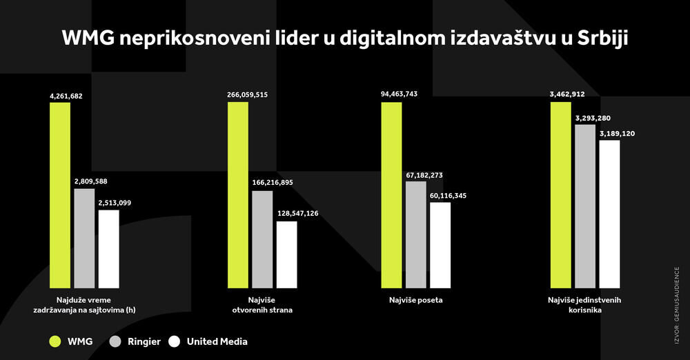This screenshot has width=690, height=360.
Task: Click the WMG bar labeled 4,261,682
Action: coord(60,195)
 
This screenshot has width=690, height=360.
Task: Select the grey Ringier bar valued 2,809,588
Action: coord(84,238)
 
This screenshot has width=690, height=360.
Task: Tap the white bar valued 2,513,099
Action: coord(108,249)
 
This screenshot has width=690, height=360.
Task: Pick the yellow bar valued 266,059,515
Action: coord(237,195)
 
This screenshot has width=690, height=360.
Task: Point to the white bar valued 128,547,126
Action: coord(287,254)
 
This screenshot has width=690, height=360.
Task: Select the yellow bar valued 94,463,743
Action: coord(391,195)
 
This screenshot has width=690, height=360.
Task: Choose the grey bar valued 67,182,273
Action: coord(415,234)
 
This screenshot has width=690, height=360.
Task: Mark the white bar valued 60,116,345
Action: coord(440,245)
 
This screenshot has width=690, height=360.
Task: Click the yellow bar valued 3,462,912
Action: coord(560,195)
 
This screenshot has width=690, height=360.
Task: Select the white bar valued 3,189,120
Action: coord(610,214)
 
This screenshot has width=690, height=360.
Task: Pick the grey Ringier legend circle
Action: coord(116,341)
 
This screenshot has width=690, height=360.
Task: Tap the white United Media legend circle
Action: coord(174,341)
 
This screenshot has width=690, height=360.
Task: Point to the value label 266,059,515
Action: coord(247,94)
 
